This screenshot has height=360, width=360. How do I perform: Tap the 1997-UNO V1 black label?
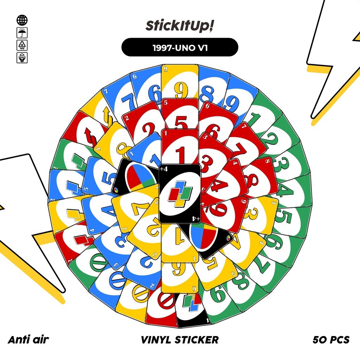(x=180, y=47)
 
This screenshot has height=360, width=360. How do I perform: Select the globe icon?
(x=22, y=20)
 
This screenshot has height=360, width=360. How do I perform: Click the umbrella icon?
(x=22, y=33)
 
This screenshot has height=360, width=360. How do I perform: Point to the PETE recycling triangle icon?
(x=22, y=45)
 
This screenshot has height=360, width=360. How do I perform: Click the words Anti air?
(x=28, y=340)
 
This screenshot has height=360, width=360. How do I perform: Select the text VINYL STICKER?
(x=180, y=340)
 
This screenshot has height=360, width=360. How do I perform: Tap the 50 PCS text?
(x=331, y=340)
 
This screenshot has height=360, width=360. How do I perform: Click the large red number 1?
(x=180, y=155)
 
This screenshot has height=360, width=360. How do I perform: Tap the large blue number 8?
(x=207, y=94)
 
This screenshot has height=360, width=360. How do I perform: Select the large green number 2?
(x=275, y=142)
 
